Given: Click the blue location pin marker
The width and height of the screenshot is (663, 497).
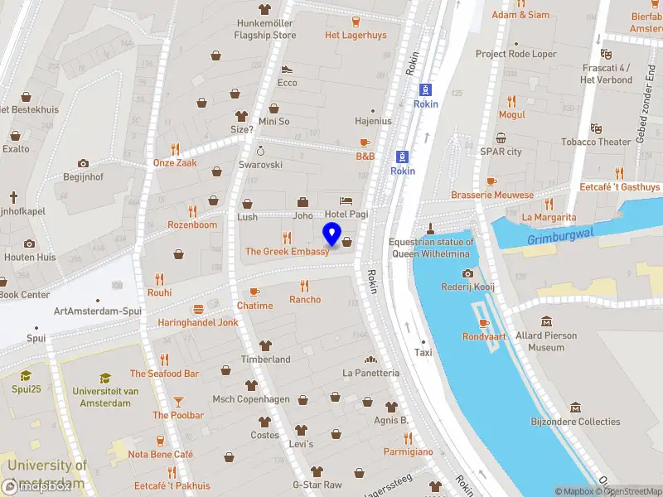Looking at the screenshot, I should (331, 234).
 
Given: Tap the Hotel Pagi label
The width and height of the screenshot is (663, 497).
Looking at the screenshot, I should (353, 214).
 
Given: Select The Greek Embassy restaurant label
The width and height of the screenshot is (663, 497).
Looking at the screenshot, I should (287, 251).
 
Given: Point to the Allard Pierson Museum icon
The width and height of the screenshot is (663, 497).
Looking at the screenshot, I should (547, 321).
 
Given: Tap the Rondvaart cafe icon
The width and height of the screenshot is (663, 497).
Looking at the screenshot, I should (484, 323).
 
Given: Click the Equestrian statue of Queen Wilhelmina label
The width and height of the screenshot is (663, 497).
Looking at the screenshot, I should (431, 248).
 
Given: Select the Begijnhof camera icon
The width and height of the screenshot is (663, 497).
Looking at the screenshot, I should (83, 164).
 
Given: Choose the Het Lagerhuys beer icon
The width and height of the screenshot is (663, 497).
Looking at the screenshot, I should (356, 22).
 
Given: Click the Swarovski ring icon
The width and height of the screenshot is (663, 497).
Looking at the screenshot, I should (261, 151).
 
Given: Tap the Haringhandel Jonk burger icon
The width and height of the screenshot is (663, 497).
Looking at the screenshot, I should (198, 309).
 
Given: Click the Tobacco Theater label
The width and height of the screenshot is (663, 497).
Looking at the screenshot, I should (596, 142).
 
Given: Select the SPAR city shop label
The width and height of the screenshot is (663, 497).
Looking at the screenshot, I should (501, 152).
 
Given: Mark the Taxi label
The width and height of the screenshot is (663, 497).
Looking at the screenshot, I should (423, 352).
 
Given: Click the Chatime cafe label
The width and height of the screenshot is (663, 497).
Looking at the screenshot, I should (254, 306).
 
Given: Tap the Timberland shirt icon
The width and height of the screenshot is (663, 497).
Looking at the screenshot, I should (265, 345).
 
